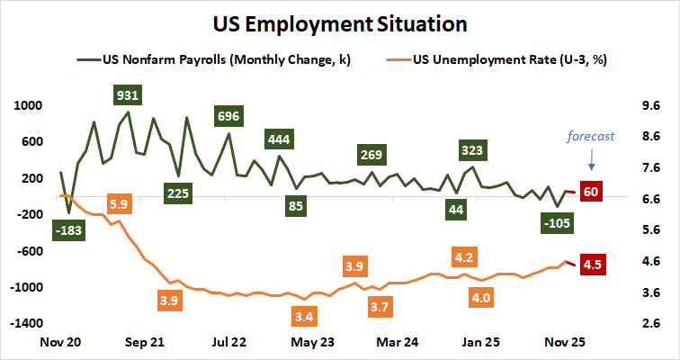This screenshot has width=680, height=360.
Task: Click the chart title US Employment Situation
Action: (x=340, y=22)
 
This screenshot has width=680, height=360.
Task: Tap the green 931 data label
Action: (x=126, y=94)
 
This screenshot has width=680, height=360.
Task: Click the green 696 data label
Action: (x=228, y=116)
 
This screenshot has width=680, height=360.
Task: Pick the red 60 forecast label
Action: (x=592, y=191)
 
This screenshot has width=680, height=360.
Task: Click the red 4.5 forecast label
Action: (x=592, y=265)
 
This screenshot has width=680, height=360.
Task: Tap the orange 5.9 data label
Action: (x=118, y=204)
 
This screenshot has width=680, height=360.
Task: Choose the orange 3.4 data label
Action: (x=304, y=317)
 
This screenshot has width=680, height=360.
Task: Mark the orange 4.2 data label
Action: (x=465, y=257)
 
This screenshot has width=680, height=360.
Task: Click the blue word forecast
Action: (x=590, y=137)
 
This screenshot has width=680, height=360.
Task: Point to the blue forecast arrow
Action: (x=591, y=161)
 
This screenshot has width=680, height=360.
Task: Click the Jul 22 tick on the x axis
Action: (x=229, y=342)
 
